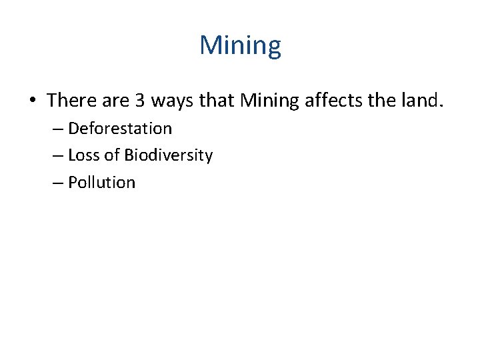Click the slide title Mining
[x=240, y=46]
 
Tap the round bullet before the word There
[x=31, y=101]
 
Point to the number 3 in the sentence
[x=140, y=101]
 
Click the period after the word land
[x=440, y=106]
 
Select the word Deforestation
[x=120, y=128]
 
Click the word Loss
[x=83, y=155]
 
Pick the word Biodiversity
[x=168, y=155]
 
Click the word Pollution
[x=102, y=183]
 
